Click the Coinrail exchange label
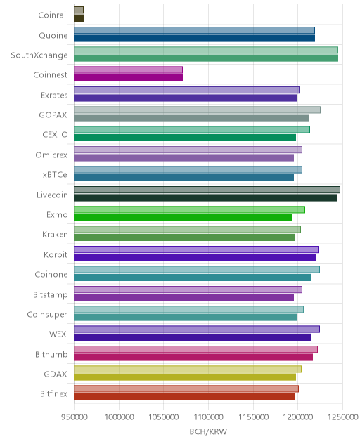[x=53, y=15]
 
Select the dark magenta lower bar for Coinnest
[x=128, y=78]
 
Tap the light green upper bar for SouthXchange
[x=206, y=50]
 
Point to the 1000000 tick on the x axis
[x=119, y=417]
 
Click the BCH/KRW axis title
[x=208, y=431]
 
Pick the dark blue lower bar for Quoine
[x=194, y=38]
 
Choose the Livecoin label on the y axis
[x=52, y=195]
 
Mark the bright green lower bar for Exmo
[x=183, y=218]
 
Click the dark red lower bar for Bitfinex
[x=184, y=397]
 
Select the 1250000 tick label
[x=342, y=417]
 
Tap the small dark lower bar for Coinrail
[x=79, y=18]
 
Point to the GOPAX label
[x=53, y=115]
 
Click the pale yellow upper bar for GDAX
[x=188, y=369]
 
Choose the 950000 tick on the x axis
[x=75, y=417]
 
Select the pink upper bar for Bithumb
[x=195, y=349]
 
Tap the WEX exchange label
[x=58, y=334]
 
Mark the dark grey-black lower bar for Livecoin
[x=205, y=197]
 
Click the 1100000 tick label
[x=208, y=417]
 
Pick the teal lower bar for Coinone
[x=193, y=277]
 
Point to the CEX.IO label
[x=55, y=134]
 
